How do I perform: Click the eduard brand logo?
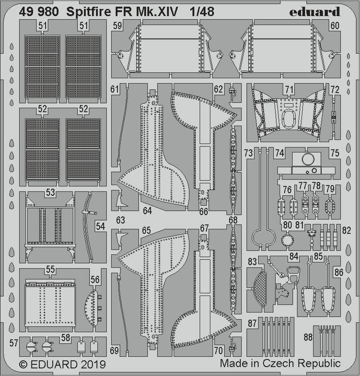pos(314,12)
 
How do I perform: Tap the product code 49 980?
pos(39,12)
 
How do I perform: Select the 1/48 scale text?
pos(202,12)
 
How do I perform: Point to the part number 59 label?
pos(117,25)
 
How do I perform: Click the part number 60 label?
pos(335,25)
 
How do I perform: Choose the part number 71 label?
pos(289,89)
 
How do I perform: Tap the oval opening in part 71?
pos(289,118)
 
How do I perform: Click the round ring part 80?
pos(287,240)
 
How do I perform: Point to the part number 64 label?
pos(147,211)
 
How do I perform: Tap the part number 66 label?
pos(204,211)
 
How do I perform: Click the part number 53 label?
pos(50,193)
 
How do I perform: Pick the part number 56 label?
pos(95,279)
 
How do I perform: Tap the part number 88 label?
pos(308,337)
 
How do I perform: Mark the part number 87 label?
pos(252,323)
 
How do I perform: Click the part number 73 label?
pos(249,153)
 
